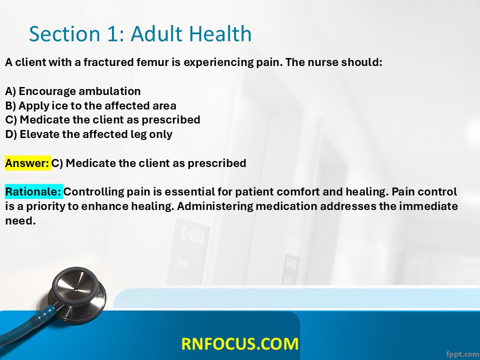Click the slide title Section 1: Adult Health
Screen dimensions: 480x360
tap(140, 33)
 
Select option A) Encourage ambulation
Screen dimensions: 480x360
tap(73, 91)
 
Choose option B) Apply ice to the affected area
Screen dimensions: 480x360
tap(90, 105)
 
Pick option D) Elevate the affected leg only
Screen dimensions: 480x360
tap(89, 134)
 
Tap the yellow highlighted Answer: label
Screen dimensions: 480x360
tap(27, 163)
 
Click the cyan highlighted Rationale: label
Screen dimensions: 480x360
tap(33, 191)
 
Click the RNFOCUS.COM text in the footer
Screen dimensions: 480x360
tap(239, 343)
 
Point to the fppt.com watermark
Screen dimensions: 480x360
tap(462, 353)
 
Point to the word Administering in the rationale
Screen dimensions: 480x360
tap(216, 206)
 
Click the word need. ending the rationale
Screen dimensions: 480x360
tap(20, 220)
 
